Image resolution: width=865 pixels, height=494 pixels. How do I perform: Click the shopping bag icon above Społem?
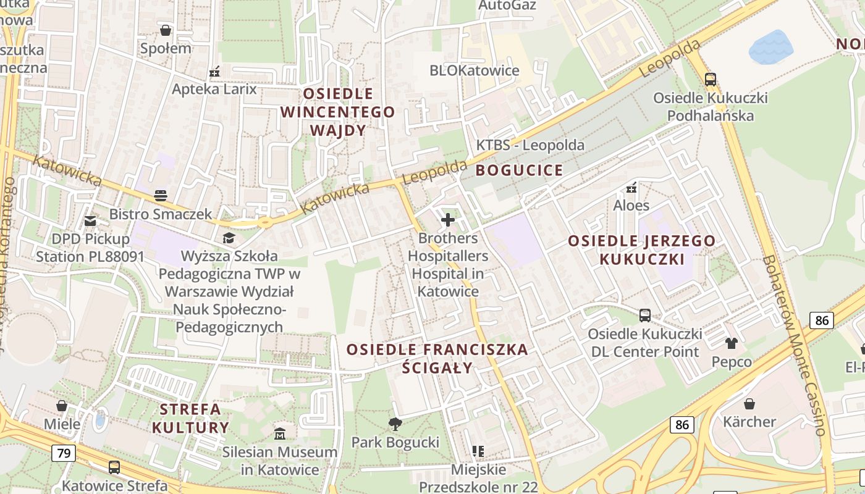coord(166,30)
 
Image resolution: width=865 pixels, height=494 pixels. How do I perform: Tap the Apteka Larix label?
coord(214,89)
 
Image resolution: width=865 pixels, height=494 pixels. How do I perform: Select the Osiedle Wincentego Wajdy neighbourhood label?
coord(337,112)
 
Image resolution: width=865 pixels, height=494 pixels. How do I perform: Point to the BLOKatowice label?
coord(474,70)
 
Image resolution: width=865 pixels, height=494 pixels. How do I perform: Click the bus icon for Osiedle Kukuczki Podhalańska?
coord(711,79)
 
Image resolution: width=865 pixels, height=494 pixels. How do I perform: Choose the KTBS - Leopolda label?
coord(530,146)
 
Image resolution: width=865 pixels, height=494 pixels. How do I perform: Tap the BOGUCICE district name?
coord(519,170)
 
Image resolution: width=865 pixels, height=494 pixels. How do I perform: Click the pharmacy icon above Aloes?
coord(631,187)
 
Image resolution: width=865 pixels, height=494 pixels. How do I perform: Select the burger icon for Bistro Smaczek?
coord(161,196)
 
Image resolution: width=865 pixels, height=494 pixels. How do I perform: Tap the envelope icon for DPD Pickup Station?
coord(91,220)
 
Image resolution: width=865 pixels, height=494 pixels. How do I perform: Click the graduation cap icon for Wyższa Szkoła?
coord(229,238)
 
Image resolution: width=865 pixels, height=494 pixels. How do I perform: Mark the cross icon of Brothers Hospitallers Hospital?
coord(448,219)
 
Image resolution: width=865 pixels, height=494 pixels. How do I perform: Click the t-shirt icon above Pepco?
coord(732,343)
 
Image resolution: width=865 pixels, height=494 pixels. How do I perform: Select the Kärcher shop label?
coord(749,422)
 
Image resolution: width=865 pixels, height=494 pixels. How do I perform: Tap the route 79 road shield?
coord(63,453)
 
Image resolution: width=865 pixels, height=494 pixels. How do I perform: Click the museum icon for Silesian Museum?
coord(280,433)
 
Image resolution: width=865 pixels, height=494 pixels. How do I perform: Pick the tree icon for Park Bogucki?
coord(395,424)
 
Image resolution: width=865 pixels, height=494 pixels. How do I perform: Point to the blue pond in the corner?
coord(770,47)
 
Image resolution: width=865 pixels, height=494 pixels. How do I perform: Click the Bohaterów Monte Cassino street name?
coord(794,346)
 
